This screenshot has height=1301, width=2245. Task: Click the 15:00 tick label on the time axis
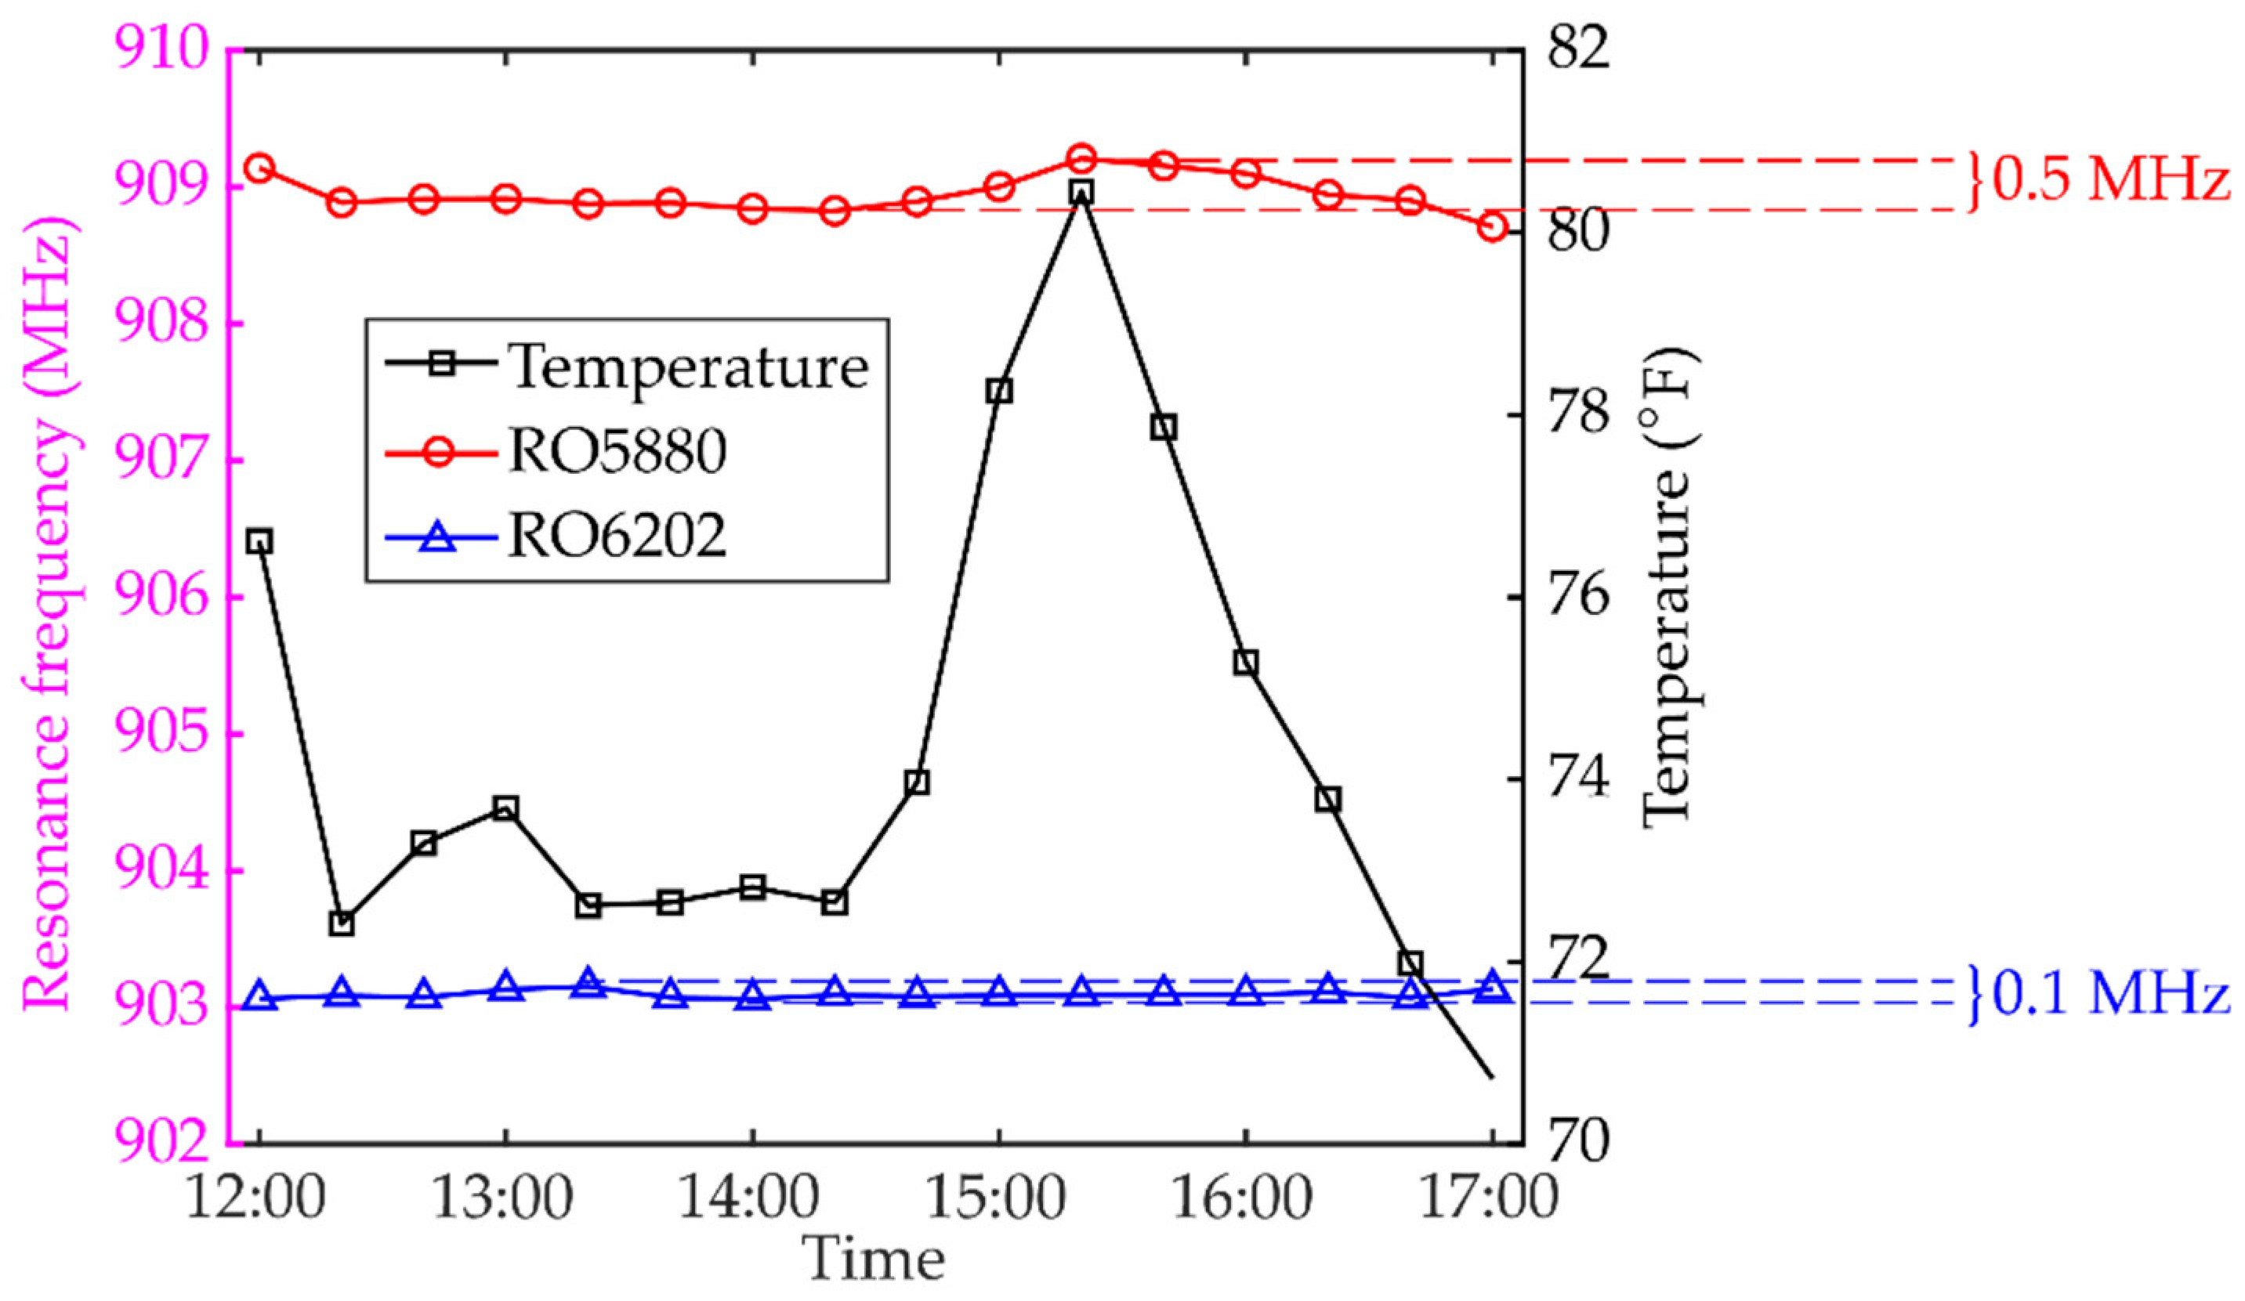click(x=998, y=1198)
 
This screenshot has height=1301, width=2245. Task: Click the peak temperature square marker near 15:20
click(x=1081, y=193)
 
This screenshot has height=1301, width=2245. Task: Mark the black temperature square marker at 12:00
click(x=259, y=540)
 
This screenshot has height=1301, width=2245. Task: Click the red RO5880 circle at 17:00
click(x=1492, y=228)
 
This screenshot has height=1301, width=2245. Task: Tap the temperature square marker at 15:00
click(x=998, y=391)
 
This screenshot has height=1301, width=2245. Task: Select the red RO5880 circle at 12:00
click(x=259, y=168)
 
